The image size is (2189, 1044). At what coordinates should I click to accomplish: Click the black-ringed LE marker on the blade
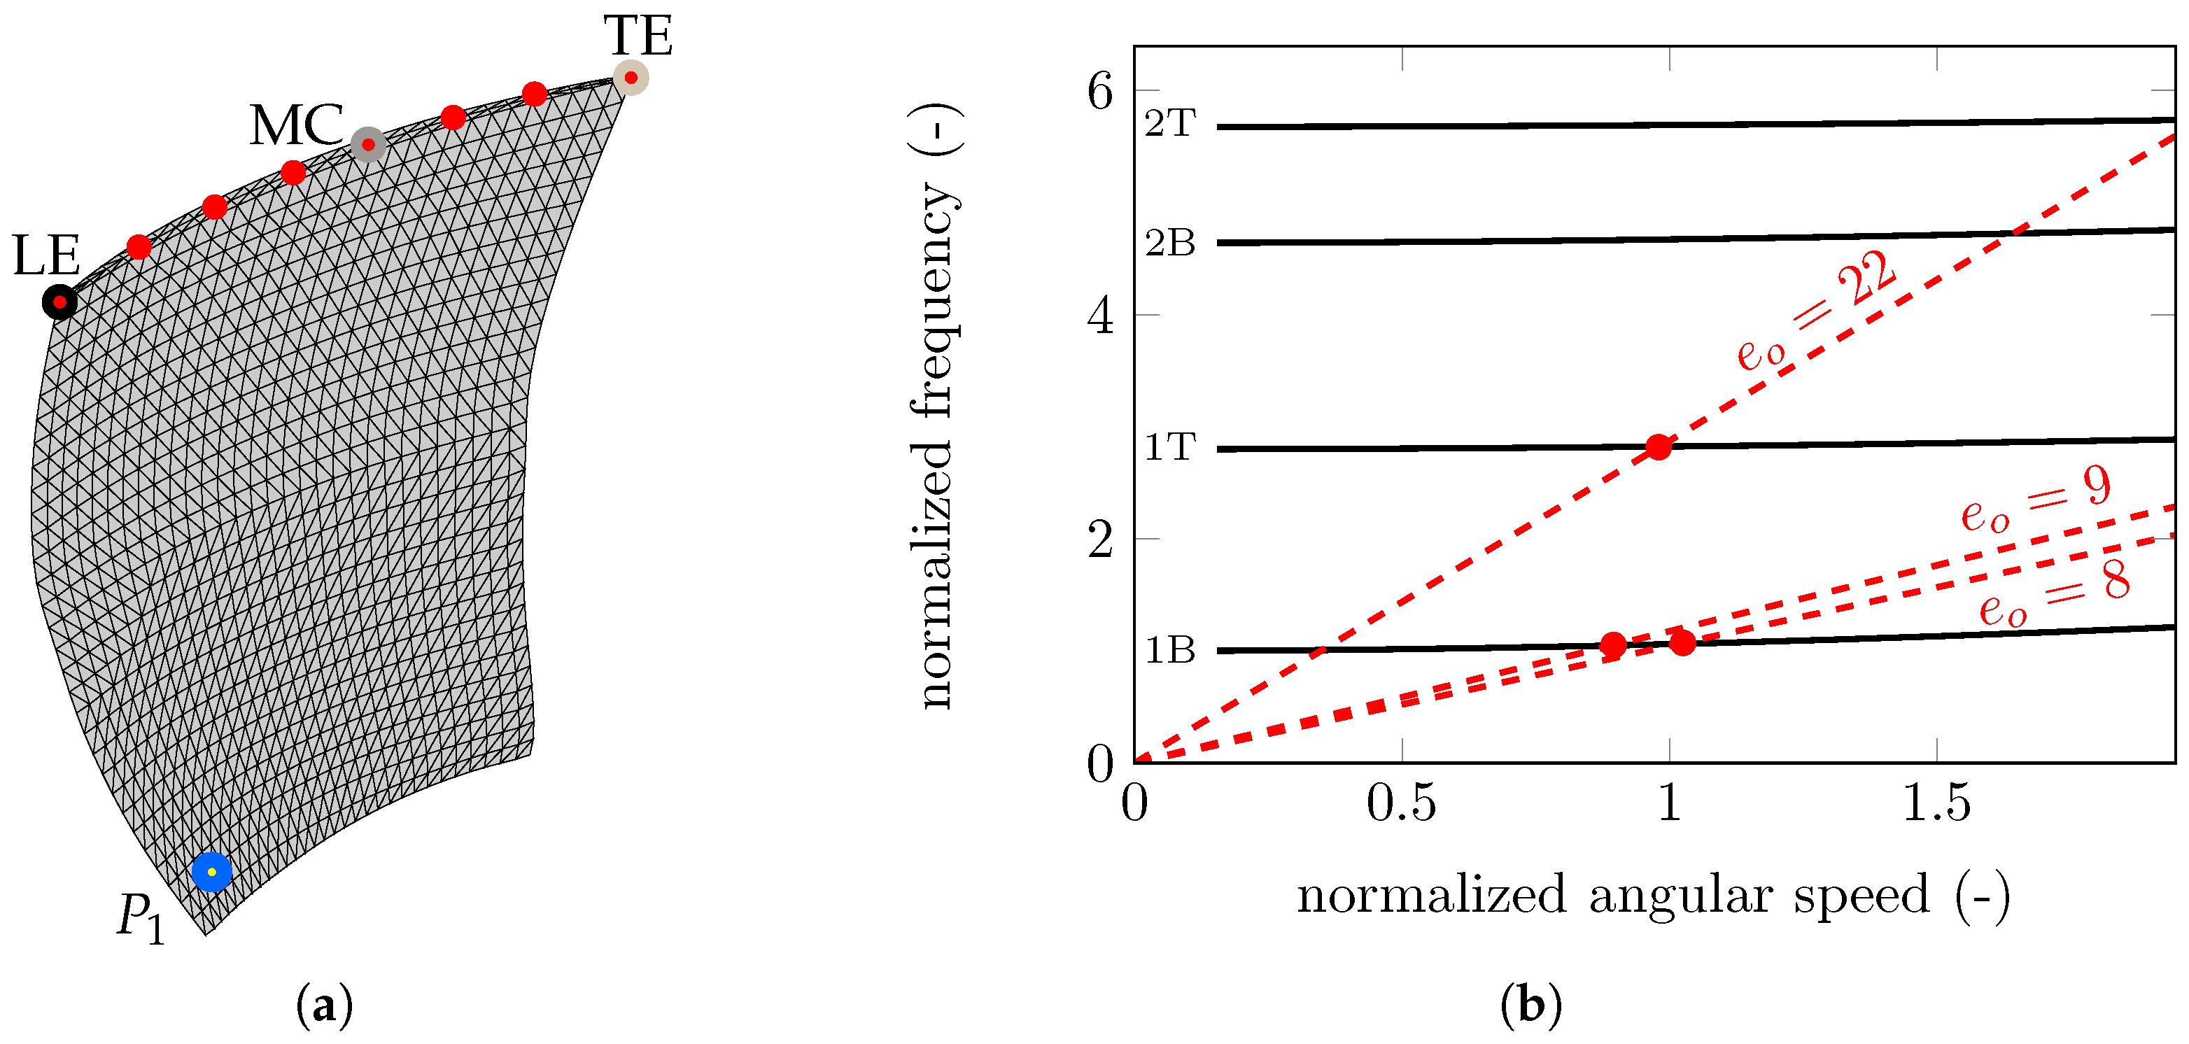59,302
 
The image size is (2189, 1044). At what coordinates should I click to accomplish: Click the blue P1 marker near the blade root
211,873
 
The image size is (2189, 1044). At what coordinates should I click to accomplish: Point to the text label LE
47,255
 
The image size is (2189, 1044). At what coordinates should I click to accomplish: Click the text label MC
296,126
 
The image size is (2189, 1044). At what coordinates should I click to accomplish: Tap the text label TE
638,36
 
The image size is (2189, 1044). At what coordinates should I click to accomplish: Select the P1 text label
140,920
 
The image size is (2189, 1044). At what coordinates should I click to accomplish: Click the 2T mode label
1170,124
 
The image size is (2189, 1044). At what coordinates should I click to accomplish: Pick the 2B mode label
1170,244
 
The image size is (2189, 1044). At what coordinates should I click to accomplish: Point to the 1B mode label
1170,651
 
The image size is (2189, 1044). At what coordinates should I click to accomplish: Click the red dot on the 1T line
1658,447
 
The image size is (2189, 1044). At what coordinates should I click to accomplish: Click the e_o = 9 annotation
2036,500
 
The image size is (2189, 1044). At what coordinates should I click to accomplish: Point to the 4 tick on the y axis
1100,317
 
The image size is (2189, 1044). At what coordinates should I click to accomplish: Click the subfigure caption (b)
1530,1006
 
